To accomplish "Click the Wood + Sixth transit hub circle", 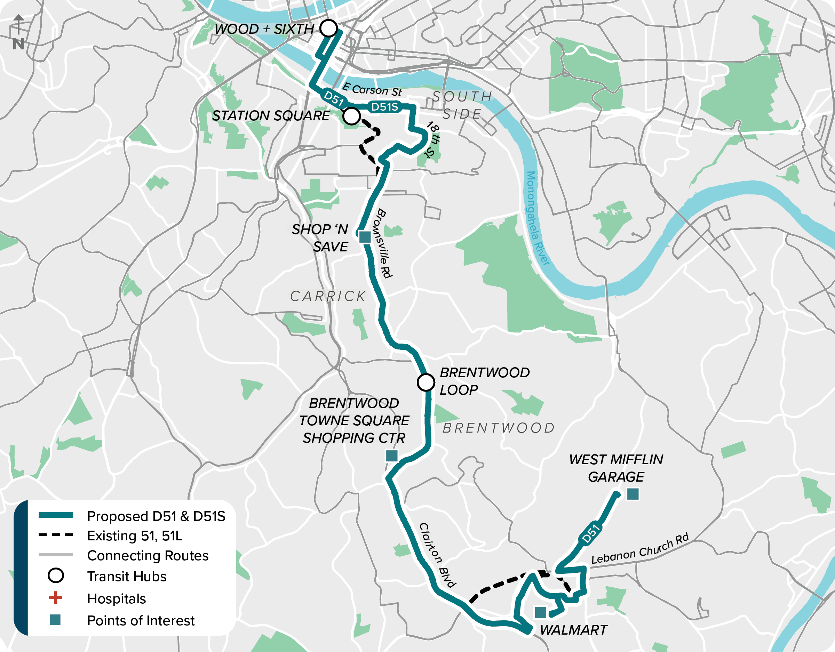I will pyautogui.click(x=328, y=28).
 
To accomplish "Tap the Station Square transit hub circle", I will pyautogui.click(x=351, y=116).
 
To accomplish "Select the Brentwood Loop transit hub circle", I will pyautogui.click(x=426, y=382).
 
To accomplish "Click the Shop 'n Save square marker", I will pyautogui.click(x=365, y=237).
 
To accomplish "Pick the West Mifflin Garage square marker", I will pyautogui.click(x=633, y=494).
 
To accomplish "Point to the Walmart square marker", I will pyautogui.click(x=540, y=613).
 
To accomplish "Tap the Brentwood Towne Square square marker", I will pyautogui.click(x=391, y=456).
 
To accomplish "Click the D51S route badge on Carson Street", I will pyautogui.click(x=384, y=107).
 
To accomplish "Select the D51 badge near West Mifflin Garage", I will pyautogui.click(x=591, y=534).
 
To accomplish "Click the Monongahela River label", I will pyautogui.click(x=537, y=218).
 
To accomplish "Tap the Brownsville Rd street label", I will pyautogui.click(x=384, y=243).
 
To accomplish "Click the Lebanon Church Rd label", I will pyautogui.click(x=639, y=549).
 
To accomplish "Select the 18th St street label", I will pyautogui.click(x=432, y=139).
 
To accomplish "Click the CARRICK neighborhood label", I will pyautogui.click(x=328, y=296).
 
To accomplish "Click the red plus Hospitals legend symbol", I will pyautogui.click(x=55, y=598).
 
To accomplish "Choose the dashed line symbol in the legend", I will pyautogui.click(x=55, y=535).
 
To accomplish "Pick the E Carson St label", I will pyautogui.click(x=372, y=90).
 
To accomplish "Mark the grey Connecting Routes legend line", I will pyautogui.click(x=55, y=555).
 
